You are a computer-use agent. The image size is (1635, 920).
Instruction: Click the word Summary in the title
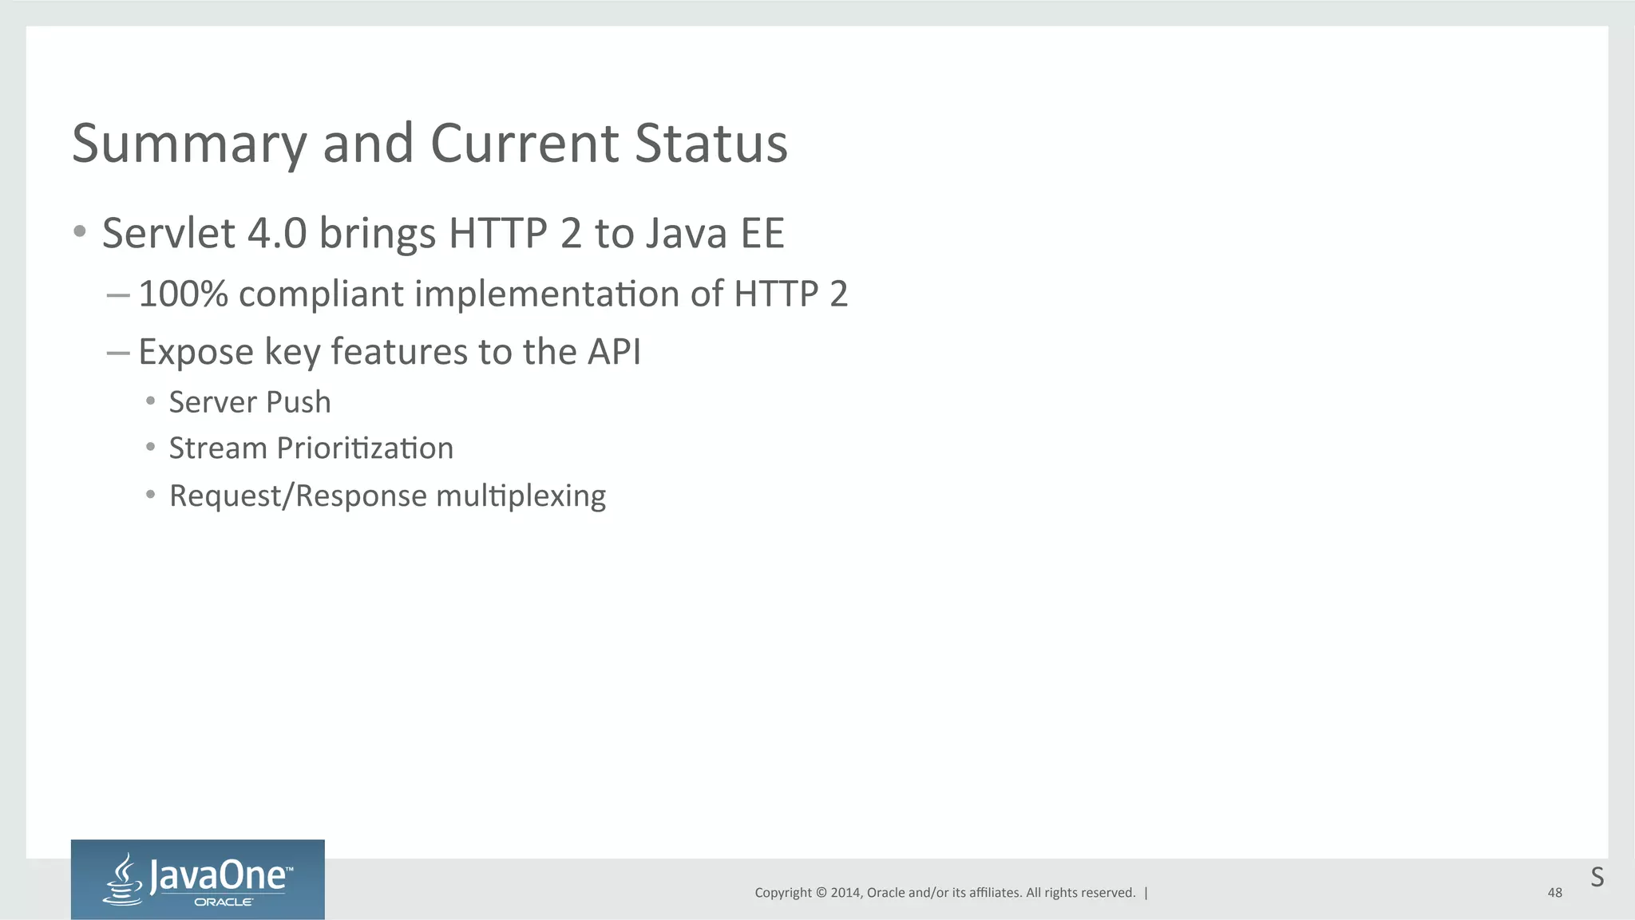point(189,145)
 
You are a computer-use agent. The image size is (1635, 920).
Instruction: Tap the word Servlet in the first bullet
point(168,234)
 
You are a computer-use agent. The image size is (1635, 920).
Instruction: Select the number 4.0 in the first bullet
point(277,234)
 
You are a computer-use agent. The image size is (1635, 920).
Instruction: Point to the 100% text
point(183,294)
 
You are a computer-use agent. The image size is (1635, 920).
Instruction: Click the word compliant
point(322,295)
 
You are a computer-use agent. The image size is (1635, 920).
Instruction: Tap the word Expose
point(196,353)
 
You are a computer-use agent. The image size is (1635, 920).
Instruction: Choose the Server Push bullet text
point(250,402)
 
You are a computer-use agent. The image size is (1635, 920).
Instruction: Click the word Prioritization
point(365,448)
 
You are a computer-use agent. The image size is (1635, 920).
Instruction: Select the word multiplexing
point(521,496)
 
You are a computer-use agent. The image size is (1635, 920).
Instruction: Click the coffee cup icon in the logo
point(123,881)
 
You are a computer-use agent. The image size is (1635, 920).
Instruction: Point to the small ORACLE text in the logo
point(224,902)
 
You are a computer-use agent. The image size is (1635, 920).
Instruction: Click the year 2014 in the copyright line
point(845,893)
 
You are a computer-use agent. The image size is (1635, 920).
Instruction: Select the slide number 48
point(1554,893)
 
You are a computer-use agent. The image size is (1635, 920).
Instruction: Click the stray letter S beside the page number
point(1597,877)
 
